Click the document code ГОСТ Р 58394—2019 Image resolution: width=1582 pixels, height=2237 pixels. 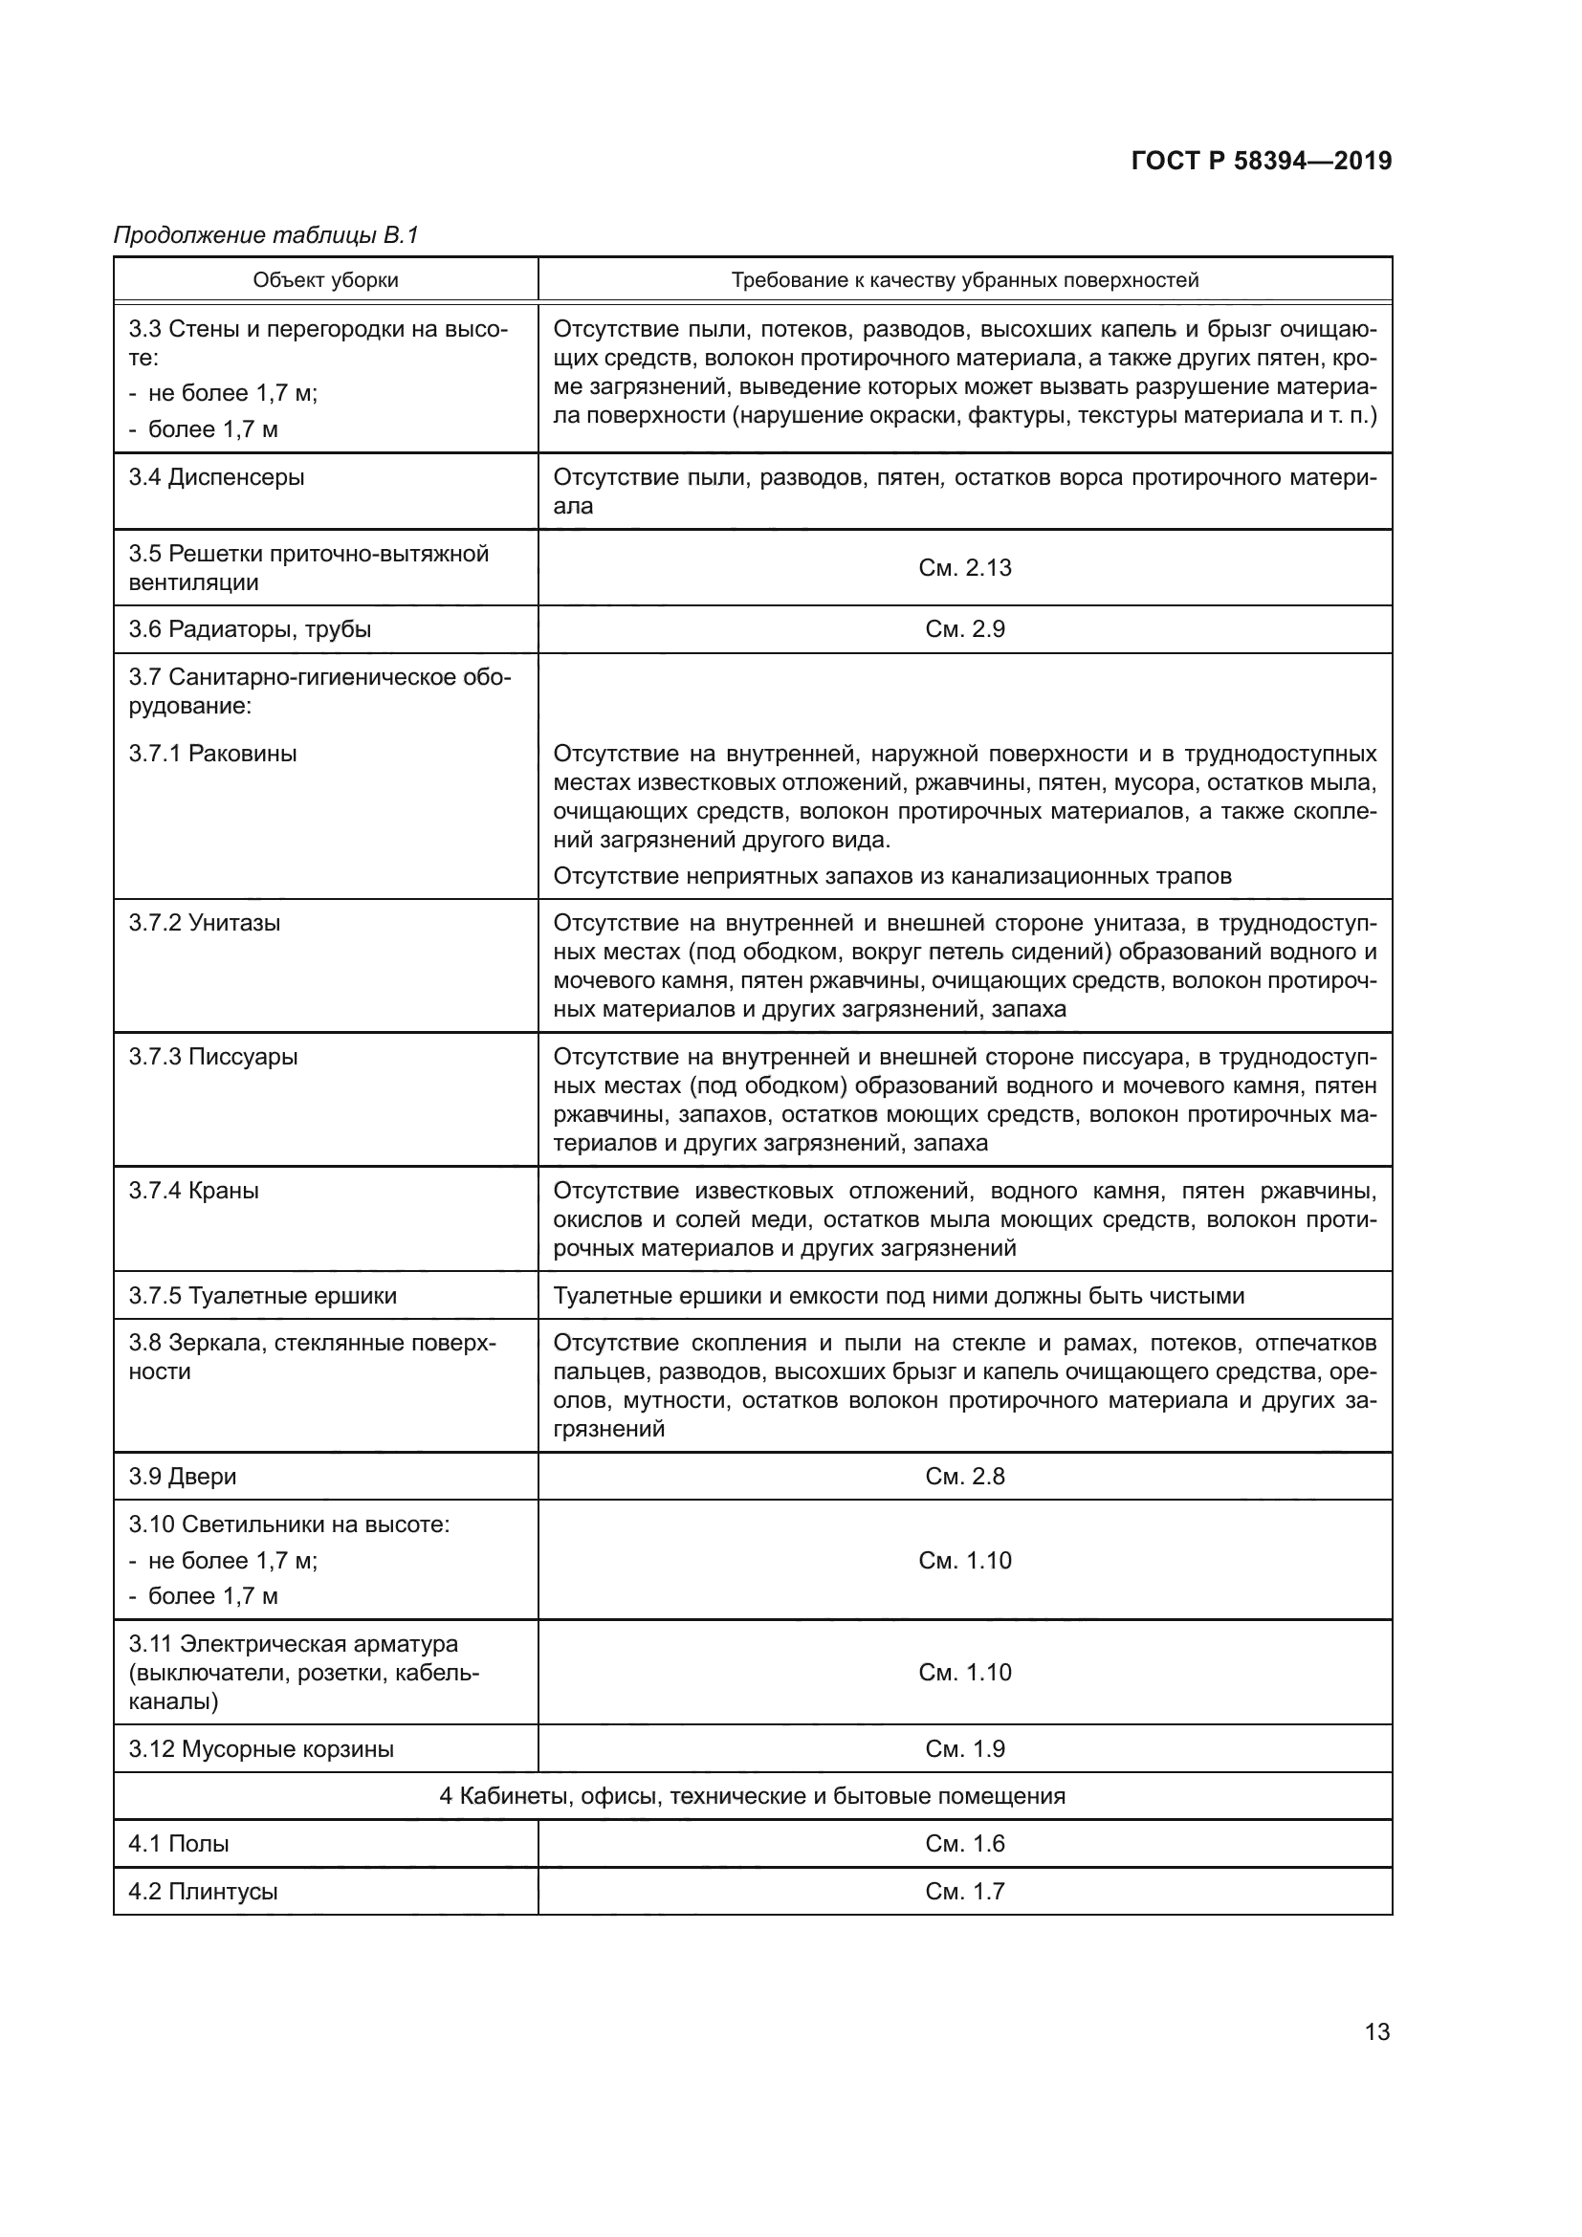pos(1262,161)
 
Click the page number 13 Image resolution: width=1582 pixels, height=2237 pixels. pos(1377,2031)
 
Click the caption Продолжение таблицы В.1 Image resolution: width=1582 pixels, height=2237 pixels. pos(265,235)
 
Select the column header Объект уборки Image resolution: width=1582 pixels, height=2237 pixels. pos(325,280)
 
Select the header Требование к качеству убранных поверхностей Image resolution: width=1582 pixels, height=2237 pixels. pos(964,280)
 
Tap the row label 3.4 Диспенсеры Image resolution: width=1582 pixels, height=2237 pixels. pos(216,477)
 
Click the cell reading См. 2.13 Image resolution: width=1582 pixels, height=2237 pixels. pos(964,568)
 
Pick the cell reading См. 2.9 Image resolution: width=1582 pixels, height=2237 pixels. pos(964,629)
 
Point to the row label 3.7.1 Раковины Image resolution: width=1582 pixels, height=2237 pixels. pos(212,753)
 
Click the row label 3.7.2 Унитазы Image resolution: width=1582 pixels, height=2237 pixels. pos(205,923)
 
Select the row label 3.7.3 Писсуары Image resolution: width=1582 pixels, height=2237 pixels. pos(212,1057)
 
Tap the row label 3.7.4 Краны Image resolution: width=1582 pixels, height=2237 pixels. pos(194,1191)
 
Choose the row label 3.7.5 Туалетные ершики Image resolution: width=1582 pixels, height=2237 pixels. pos(263,1296)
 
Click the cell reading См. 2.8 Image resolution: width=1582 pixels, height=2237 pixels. pos(964,1476)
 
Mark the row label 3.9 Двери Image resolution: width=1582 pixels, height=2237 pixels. pos(182,1476)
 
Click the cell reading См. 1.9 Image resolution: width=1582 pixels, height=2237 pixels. pos(964,1749)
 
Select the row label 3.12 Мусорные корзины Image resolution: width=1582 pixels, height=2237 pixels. pos(261,1749)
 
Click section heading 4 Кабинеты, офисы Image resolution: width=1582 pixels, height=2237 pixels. pos(752,1796)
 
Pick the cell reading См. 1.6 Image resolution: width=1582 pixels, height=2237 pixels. pos(964,1843)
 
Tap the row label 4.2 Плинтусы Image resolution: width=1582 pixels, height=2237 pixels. pos(203,1891)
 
